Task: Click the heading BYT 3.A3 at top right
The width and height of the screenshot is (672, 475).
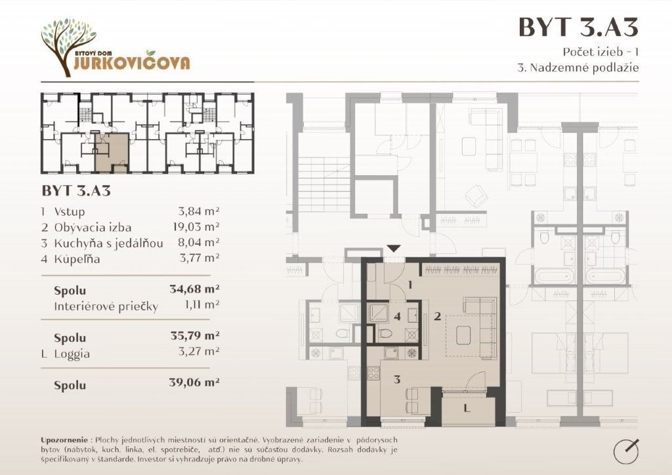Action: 578,26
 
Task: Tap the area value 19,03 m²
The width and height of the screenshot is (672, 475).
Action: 196,226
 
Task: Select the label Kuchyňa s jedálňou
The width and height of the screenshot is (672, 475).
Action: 108,243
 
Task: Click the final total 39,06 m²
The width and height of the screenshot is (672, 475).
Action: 194,382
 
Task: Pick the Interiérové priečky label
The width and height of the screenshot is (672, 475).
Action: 106,306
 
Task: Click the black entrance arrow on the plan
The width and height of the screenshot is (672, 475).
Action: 394,249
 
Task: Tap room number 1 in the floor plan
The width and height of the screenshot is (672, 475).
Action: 410,284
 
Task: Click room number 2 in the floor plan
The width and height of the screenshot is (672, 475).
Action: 437,316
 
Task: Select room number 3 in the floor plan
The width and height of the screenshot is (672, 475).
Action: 397,379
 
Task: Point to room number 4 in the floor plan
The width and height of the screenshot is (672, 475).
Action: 397,316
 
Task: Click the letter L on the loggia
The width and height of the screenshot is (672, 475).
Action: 467,408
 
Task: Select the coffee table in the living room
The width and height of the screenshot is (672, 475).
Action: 463,335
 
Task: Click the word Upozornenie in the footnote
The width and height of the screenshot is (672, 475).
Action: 64,440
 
